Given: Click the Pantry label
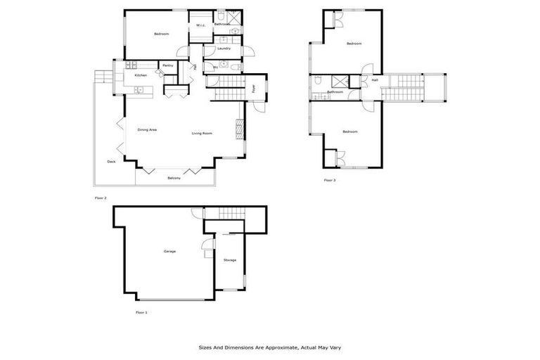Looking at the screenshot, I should coord(167,65).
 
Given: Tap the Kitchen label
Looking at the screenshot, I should coord(141,75).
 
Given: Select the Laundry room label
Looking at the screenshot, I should coord(224,49).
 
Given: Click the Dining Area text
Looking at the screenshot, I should coord(147,129).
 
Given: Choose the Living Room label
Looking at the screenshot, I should coord(202,133).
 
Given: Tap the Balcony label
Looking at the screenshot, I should coord(174,178).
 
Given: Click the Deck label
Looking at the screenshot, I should coord(111,161).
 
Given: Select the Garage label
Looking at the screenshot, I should coord(169,251).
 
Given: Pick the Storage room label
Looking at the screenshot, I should coord(230,260).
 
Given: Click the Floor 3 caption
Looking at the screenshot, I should coord(330,181).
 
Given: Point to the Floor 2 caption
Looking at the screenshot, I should coord(101,198).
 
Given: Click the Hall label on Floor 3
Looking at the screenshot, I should coord(375,80).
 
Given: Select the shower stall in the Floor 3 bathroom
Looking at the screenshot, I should coord(337,81).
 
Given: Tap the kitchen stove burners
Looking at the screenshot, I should coord(139,89).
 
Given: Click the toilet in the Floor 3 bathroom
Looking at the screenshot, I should coord(319,79).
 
